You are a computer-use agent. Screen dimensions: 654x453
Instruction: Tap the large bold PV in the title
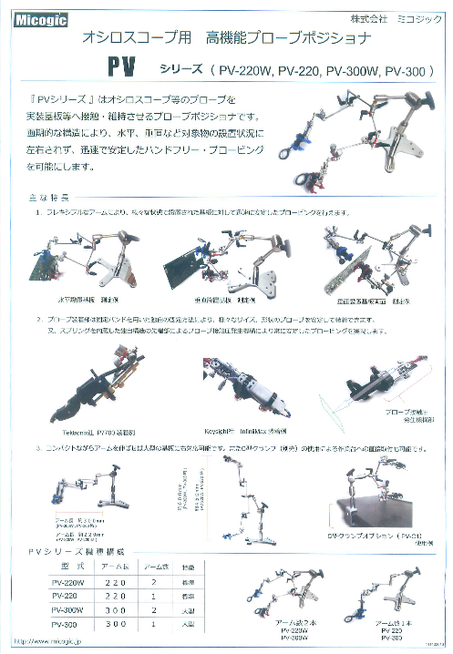(124, 70)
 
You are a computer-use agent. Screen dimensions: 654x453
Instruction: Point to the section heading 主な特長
(43, 198)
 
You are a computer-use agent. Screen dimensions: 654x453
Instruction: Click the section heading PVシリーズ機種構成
(77, 552)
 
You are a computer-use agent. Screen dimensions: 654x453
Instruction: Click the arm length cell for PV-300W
(116, 609)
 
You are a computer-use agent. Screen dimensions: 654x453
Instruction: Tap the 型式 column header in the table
(67, 566)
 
